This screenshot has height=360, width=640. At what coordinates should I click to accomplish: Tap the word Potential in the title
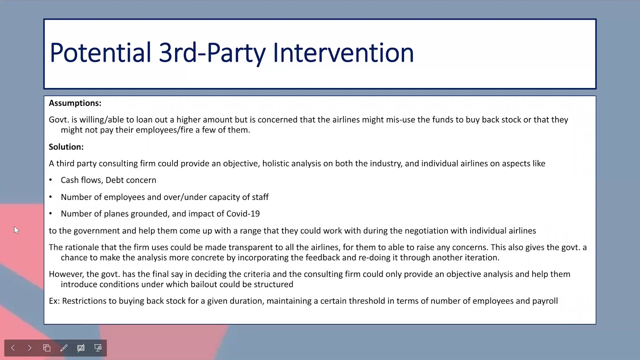[x=100, y=52]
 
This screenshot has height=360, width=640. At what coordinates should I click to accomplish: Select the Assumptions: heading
[x=75, y=103]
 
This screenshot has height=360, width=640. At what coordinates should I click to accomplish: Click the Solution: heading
[x=66, y=146]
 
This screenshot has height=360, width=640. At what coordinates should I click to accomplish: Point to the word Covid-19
[x=243, y=213]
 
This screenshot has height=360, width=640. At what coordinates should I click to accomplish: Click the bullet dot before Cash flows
[x=50, y=180]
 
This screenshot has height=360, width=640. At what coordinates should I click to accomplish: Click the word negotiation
[x=426, y=230]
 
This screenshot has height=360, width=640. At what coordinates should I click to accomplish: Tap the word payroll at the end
[x=544, y=301]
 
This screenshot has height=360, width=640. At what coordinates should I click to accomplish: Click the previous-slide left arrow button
[x=13, y=348]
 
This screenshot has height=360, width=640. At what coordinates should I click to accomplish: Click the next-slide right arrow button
[x=29, y=348]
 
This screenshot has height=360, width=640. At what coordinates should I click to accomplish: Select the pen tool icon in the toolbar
[x=63, y=348]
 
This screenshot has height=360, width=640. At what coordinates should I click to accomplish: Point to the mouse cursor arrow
[x=16, y=230]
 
